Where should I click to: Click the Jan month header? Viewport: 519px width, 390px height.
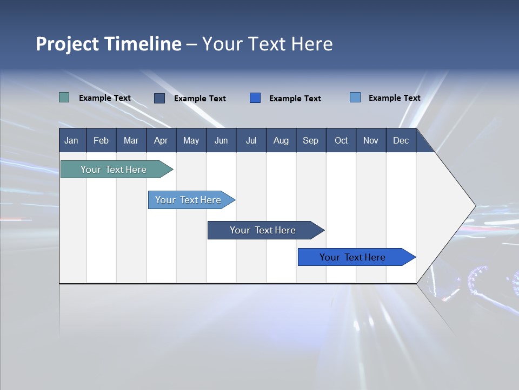pos(72,140)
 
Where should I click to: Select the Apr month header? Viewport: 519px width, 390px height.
pos(161,140)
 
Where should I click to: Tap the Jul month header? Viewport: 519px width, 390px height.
pos(251,140)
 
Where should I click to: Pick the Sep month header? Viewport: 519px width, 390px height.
pos(310,140)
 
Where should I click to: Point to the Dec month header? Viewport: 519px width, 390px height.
pos(401,140)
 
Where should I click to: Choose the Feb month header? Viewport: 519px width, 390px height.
pos(101,140)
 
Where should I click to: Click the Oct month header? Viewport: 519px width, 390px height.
pos(341,140)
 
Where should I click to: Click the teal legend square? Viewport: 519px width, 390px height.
pos(64,97)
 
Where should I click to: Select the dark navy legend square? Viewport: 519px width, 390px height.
pos(159,98)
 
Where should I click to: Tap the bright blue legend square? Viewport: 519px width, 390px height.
pos(255,97)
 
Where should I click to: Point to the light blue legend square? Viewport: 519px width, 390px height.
pos(355,97)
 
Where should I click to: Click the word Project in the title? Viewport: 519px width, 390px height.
pos(68,44)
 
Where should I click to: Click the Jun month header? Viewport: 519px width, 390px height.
pos(221,140)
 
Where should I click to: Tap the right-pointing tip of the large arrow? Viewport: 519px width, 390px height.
pos(474,206)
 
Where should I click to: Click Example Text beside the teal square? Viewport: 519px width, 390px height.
pos(105,98)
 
